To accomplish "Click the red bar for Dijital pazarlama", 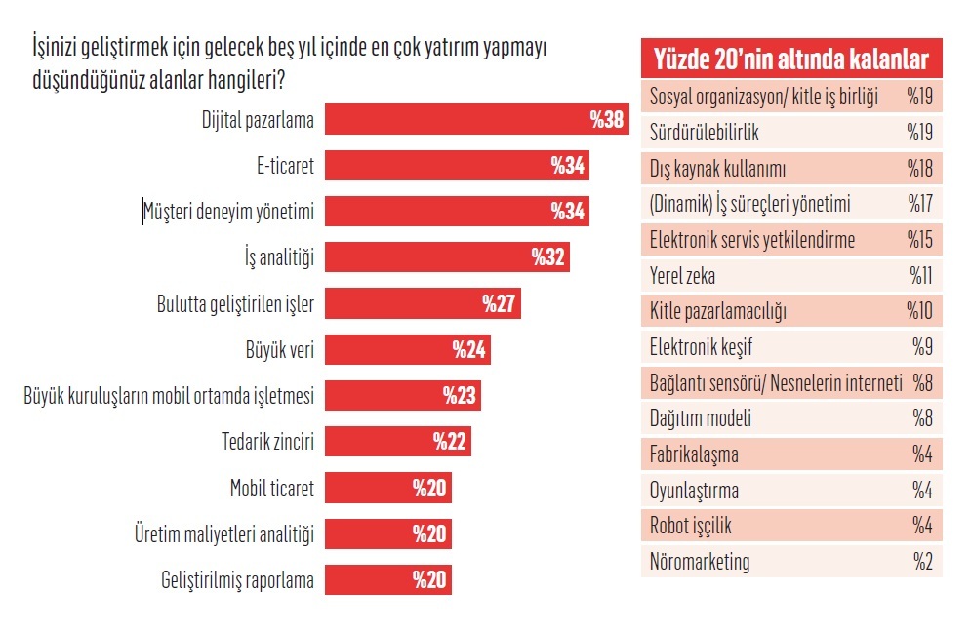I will (476, 120).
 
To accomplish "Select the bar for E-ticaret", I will (457, 166).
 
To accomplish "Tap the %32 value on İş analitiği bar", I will (549, 257).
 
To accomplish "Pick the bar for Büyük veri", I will (407, 349).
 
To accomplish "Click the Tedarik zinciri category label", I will (267, 442).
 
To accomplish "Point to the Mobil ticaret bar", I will (387, 488).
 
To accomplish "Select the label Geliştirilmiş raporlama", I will (237, 580).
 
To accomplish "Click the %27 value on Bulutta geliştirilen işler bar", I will (499, 303).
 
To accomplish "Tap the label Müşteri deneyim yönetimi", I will (229, 212).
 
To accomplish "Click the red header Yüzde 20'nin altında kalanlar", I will (790, 59).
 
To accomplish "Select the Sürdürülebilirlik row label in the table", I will (704, 133).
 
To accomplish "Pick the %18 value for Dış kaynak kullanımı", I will (920, 169).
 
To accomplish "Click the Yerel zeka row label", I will (682, 276).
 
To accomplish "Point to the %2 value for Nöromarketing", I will (923, 562).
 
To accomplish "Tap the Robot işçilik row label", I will (690, 526).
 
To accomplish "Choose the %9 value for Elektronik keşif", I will (923, 347).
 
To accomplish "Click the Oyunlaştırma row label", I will (694, 491).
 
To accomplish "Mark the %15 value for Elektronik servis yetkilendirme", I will (920, 240).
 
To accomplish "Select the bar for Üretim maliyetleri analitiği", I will (387, 533).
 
